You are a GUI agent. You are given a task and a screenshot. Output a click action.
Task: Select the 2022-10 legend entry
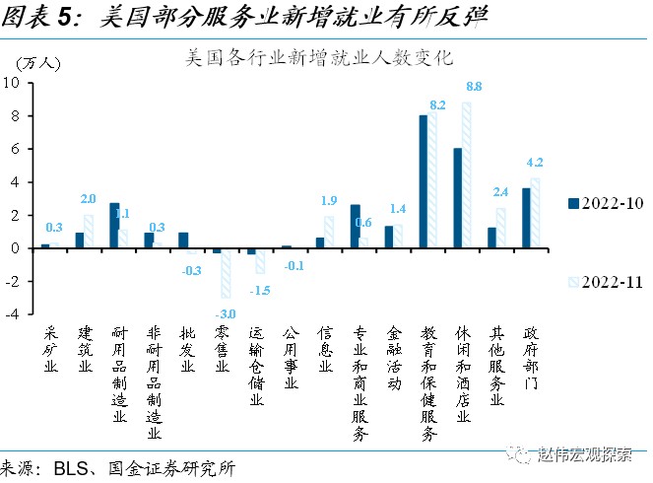click(x=602, y=202)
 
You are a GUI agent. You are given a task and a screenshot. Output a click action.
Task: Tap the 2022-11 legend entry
click(x=602, y=281)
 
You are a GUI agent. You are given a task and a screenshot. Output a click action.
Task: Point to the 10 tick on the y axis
click(x=16, y=83)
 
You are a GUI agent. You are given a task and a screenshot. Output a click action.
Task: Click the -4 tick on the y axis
click(x=16, y=314)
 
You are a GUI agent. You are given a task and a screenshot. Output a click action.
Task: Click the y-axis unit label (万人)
click(x=39, y=62)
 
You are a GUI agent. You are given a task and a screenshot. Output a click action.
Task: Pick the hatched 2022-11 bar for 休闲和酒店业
click(x=467, y=174)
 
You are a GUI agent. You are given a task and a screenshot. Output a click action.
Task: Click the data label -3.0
click(x=227, y=313)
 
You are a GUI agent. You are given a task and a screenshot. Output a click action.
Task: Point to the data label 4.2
click(x=537, y=163)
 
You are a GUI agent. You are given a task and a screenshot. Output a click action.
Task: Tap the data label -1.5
click(x=260, y=291)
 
